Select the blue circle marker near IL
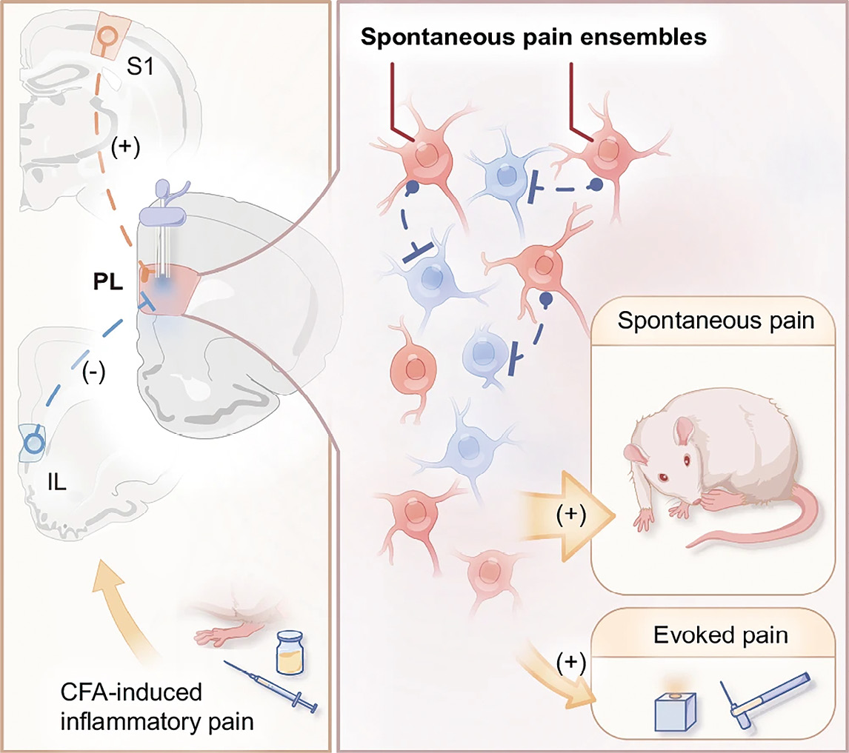pos(33,443)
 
